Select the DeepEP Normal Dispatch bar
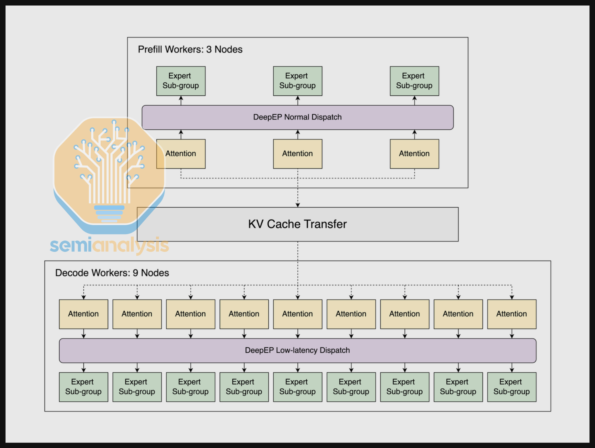[297, 117]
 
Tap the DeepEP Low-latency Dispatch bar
[297, 350]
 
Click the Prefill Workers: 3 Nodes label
[190, 49]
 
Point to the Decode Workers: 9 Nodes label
[112, 273]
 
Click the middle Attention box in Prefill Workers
[297, 154]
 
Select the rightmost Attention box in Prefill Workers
[414, 154]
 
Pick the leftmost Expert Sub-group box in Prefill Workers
[181, 81]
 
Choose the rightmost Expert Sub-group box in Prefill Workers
[414, 81]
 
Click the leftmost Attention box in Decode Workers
[83, 314]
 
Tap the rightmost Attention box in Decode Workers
[512, 314]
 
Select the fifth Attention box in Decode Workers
[297, 314]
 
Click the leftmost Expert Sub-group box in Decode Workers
[83, 387]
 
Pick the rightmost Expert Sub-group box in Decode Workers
[512, 387]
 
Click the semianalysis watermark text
[109, 245]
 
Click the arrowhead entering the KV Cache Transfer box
[298, 205]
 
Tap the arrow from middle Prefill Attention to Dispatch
[298, 134]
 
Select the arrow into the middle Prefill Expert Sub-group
[298, 100]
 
